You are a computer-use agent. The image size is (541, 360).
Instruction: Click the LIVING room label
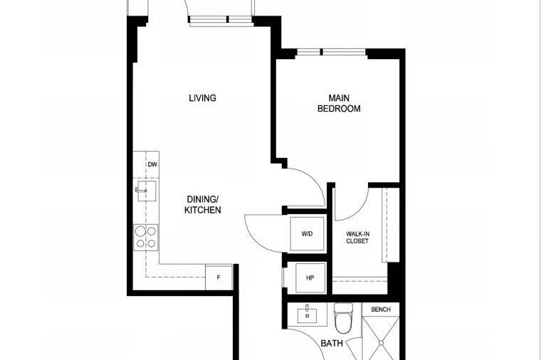coord(202,98)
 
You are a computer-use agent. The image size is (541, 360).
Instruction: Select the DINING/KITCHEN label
coord(203,205)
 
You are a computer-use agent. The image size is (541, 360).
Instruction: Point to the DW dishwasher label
coord(152,165)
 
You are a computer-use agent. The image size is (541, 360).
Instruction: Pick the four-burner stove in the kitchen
coord(146,236)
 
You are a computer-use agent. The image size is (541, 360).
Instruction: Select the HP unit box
coord(310,277)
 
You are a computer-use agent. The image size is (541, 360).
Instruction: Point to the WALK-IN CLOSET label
coord(357,238)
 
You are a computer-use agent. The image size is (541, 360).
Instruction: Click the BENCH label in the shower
coord(381,310)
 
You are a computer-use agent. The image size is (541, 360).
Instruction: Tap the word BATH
coord(332,344)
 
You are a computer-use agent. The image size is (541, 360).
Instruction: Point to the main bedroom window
coord(332,51)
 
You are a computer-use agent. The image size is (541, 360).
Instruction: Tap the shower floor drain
coord(381,343)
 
